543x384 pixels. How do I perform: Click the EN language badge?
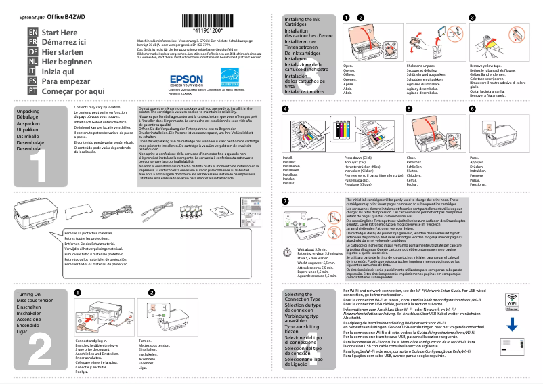[x=32, y=32]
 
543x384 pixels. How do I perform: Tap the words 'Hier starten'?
[x=62, y=51]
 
